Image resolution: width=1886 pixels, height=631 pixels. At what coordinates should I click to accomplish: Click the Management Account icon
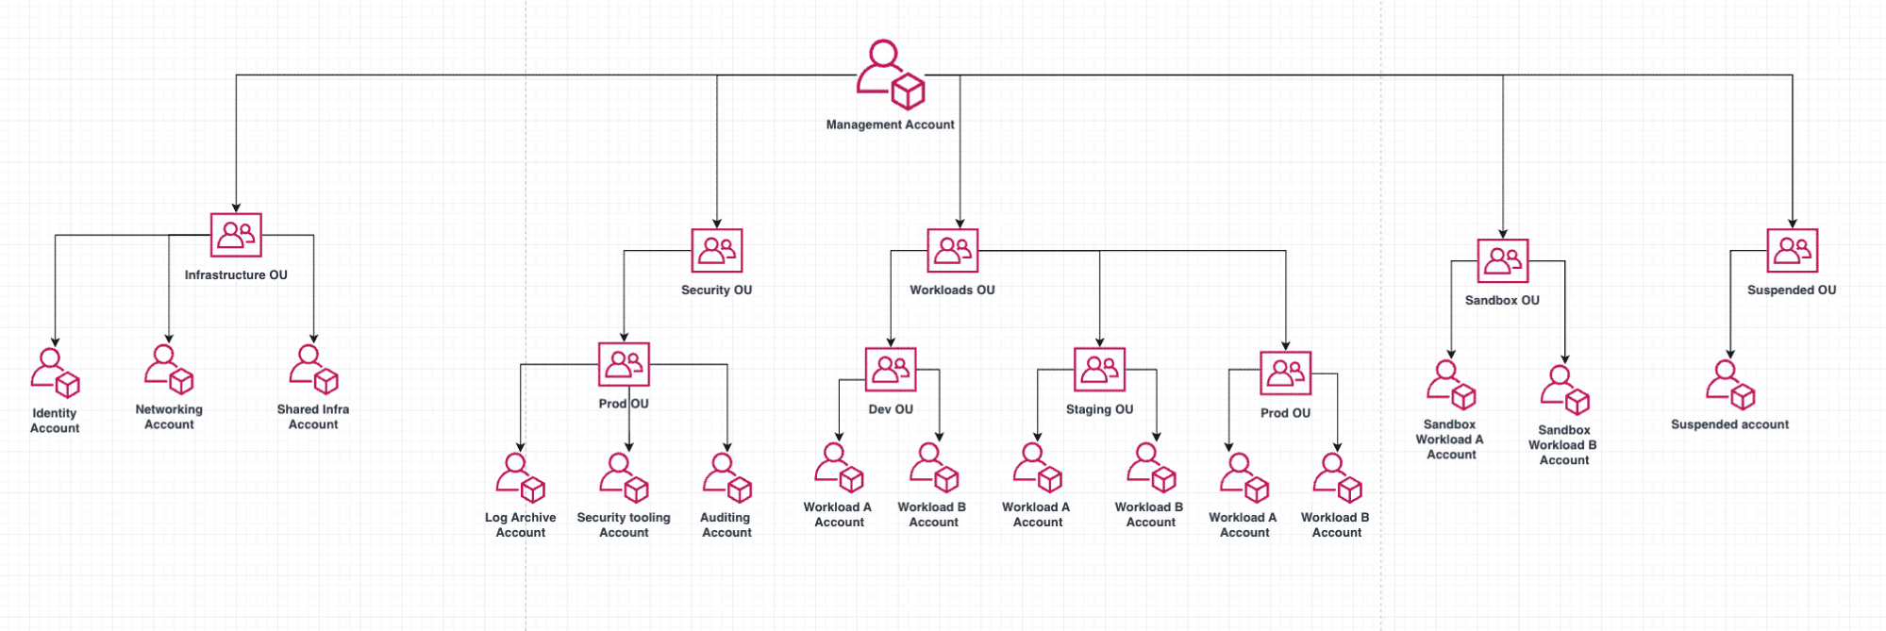click(890, 74)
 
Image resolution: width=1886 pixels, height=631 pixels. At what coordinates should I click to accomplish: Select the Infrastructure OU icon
click(236, 235)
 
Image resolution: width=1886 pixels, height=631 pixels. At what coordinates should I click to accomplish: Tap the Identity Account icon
click(55, 373)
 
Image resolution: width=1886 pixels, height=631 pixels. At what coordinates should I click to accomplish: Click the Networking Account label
click(169, 417)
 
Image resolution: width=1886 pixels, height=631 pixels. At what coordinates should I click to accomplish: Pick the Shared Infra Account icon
click(313, 369)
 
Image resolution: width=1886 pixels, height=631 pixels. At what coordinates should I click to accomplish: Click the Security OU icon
click(717, 251)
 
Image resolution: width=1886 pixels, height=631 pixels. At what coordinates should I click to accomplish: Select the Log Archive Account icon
click(520, 477)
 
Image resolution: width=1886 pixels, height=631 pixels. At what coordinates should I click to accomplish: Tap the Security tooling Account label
click(624, 525)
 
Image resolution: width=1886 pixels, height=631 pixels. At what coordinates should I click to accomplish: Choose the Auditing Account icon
click(726, 477)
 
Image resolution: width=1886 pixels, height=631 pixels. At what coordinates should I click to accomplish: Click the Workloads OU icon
click(952, 251)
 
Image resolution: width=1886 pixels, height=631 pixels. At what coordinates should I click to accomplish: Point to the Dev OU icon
click(891, 369)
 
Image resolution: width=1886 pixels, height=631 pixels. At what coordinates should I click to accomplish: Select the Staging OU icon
click(1099, 369)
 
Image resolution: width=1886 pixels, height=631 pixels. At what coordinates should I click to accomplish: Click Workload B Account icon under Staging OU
click(1151, 467)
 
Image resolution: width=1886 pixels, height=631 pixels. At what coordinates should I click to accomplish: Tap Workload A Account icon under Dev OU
click(839, 468)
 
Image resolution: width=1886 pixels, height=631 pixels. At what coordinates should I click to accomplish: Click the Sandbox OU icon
click(1502, 261)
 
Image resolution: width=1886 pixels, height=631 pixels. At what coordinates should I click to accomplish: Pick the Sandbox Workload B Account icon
click(1564, 390)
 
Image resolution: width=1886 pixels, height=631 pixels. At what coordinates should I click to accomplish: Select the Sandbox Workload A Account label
click(1450, 440)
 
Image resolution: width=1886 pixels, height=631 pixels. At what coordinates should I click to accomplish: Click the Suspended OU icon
click(1792, 251)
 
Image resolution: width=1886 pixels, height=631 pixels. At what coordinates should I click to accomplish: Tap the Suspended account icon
click(1729, 385)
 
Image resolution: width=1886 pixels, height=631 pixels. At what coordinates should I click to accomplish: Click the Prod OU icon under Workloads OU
click(1285, 374)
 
